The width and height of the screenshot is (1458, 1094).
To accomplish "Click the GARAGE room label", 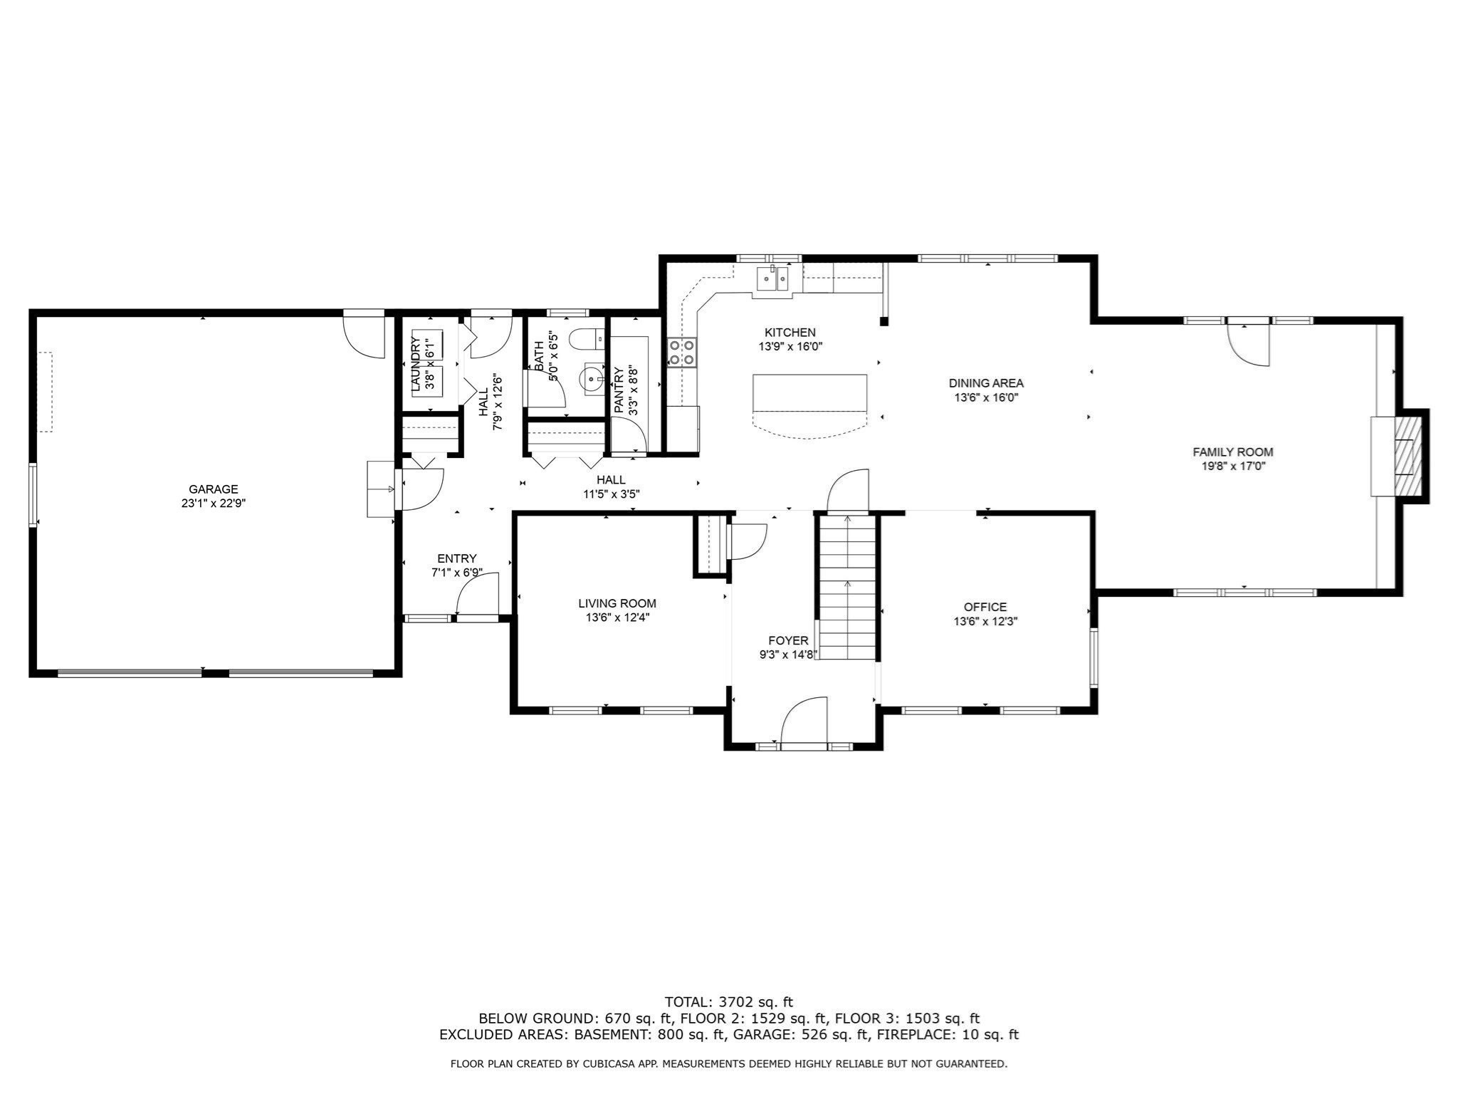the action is coord(213,489).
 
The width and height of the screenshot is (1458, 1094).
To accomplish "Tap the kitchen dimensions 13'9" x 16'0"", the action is coord(790,347).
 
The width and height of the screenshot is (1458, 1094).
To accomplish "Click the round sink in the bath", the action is coord(592,378).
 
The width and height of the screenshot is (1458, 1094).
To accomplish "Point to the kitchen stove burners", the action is coord(681,352).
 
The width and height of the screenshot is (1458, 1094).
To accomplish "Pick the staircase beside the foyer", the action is coord(846,587).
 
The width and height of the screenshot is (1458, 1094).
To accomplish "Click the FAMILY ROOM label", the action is coord(1233,452).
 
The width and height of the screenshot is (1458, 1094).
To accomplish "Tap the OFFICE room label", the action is coord(985,607).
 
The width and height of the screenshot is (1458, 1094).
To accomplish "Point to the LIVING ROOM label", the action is coord(617,604).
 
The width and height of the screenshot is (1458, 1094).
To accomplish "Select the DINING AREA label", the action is coord(986,383).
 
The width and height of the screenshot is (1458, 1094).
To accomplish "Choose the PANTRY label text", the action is coord(619,390).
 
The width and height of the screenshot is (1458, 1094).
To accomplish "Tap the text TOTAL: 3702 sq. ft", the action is coord(728,1002).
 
